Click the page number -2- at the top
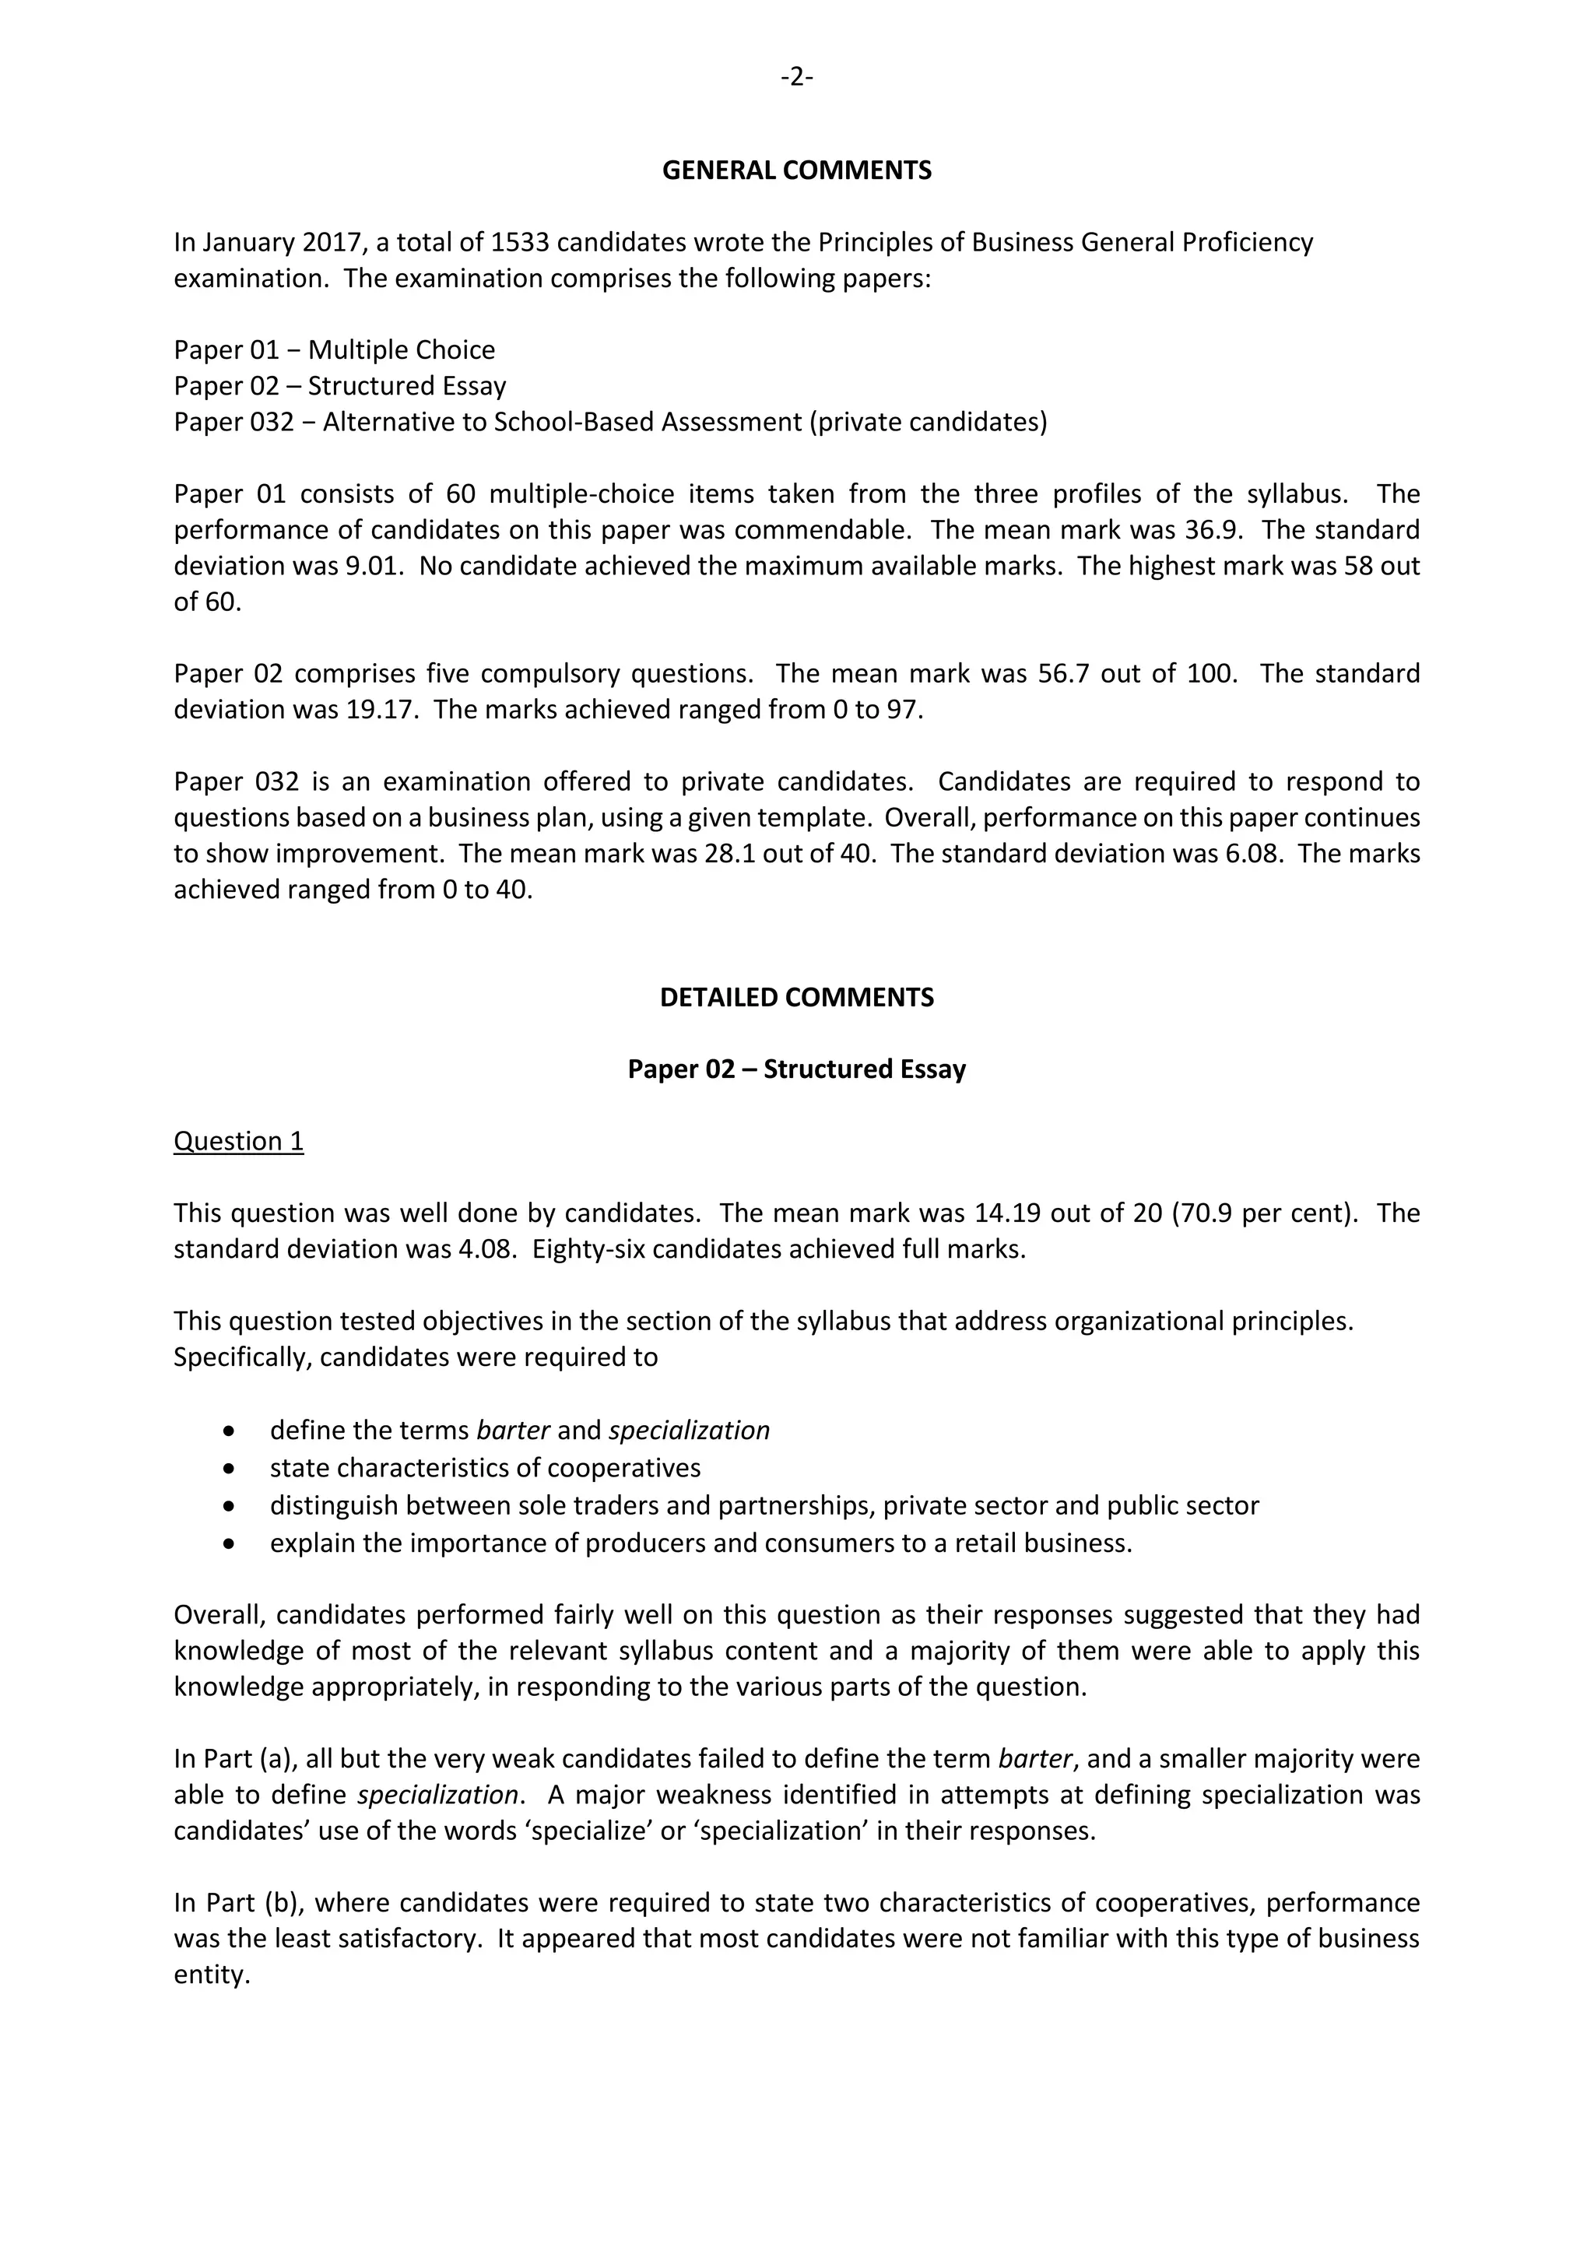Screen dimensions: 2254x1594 click(x=796, y=76)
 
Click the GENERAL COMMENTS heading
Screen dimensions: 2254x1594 click(x=796, y=170)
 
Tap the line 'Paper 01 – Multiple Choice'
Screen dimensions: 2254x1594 click(x=334, y=350)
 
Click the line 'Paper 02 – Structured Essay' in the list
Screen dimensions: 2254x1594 click(x=339, y=386)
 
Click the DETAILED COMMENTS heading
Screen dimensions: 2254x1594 click(x=796, y=998)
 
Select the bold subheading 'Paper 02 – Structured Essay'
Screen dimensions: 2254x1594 click(x=796, y=1069)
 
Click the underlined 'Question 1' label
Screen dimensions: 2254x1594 click(x=238, y=1141)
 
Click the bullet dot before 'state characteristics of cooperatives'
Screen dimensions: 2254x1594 click(x=230, y=1469)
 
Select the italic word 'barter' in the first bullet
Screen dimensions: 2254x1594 click(x=512, y=1431)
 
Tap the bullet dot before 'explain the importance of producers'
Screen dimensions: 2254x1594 click(x=230, y=1543)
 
